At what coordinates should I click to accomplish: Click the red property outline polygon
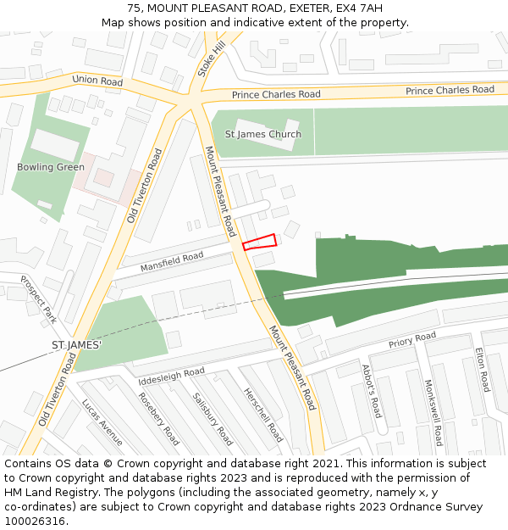[260, 242]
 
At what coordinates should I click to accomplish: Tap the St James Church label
[262, 134]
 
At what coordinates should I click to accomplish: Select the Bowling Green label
[51, 167]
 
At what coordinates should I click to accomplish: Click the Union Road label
[97, 81]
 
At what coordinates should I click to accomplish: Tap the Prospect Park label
[38, 299]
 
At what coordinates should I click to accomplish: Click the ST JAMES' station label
[76, 346]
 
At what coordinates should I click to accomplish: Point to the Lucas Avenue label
[102, 422]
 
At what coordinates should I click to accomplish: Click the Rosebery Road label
[158, 418]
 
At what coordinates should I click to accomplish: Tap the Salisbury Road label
[212, 418]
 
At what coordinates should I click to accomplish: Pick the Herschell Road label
[262, 415]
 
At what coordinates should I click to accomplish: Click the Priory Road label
[411, 341]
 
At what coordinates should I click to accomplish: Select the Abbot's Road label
[372, 391]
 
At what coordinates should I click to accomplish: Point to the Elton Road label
[482, 370]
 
